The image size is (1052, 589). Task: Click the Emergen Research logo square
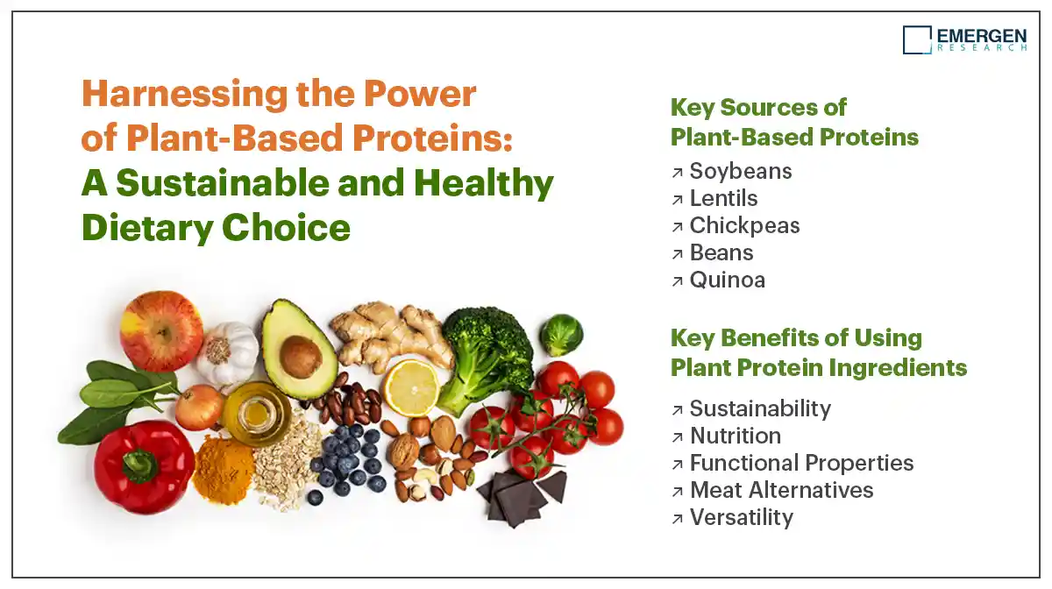(x=917, y=40)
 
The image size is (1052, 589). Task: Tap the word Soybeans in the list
(x=741, y=172)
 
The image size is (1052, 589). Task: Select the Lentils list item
(x=724, y=198)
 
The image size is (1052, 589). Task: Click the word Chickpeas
(x=744, y=226)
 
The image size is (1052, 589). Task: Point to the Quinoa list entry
(x=728, y=280)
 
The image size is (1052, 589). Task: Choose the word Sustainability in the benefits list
(x=760, y=409)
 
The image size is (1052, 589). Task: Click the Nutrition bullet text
(x=736, y=436)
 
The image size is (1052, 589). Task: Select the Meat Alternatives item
(x=781, y=490)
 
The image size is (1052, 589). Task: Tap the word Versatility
(x=742, y=518)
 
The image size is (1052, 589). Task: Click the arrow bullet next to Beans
(x=677, y=254)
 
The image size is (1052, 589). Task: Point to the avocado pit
(x=301, y=357)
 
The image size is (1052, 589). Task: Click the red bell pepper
(x=143, y=467)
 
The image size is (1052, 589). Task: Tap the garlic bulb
(x=228, y=353)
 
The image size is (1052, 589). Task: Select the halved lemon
(x=412, y=388)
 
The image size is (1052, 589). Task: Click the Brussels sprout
(x=561, y=335)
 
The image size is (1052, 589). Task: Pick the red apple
(x=161, y=331)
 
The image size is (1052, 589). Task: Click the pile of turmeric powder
(x=223, y=470)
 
